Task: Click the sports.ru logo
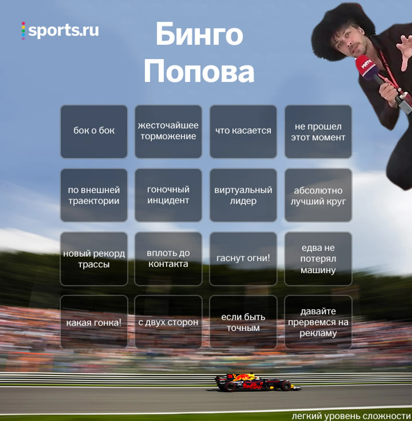[60, 30]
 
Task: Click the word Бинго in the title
[199, 34]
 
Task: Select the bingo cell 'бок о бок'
[94, 131]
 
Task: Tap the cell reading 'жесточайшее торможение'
[168, 131]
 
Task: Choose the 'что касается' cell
[243, 131]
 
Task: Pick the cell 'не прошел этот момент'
[318, 131]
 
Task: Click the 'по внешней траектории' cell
[94, 195]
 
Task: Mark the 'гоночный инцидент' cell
[168, 195]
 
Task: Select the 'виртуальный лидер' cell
[243, 195]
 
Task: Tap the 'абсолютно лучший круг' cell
[318, 195]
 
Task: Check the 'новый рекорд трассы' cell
[94, 258]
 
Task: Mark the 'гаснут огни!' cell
[243, 258]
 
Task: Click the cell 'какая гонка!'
[94, 322]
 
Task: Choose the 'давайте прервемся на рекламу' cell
[318, 322]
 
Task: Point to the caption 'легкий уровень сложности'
[351, 416]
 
